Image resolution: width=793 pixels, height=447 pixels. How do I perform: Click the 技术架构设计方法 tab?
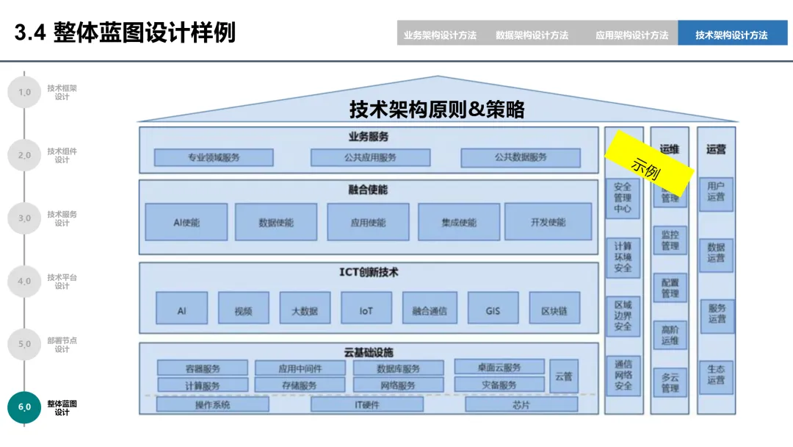click(731, 35)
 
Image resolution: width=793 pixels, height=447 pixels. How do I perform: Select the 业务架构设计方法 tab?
click(440, 35)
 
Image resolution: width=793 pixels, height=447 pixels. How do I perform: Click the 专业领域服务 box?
click(214, 157)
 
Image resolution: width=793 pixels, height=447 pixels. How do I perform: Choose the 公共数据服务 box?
click(521, 157)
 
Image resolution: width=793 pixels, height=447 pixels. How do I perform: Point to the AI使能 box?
click(187, 222)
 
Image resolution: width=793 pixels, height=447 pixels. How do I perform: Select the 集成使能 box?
click(459, 222)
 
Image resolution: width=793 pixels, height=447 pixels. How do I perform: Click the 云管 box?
click(563, 376)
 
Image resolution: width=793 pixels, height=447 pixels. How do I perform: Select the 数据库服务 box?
click(399, 368)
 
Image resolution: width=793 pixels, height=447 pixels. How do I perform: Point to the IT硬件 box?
click(367, 404)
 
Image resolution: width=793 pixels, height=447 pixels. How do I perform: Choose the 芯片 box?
click(521, 404)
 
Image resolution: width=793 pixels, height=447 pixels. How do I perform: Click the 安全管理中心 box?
click(623, 198)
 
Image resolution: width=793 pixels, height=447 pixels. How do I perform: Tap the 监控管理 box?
click(670, 240)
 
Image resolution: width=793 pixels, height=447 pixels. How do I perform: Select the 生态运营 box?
click(716, 374)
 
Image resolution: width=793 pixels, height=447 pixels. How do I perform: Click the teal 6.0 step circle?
click(24, 407)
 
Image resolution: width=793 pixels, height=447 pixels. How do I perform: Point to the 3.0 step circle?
click(24, 218)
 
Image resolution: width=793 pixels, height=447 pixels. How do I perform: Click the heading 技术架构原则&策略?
click(437, 110)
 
